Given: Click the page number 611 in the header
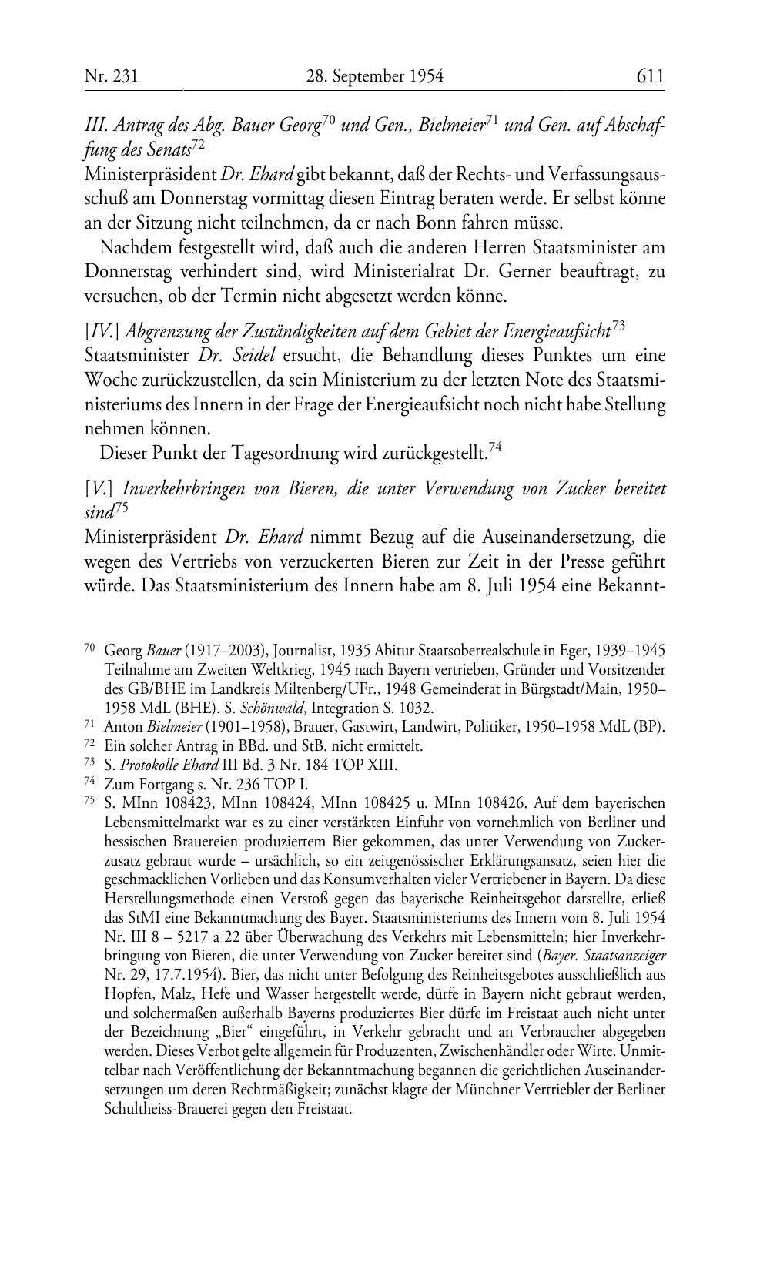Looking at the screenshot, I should pos(650,76).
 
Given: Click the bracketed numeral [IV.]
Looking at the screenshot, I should pos(101,332).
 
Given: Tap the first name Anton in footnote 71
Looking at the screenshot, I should pos(124,726).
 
